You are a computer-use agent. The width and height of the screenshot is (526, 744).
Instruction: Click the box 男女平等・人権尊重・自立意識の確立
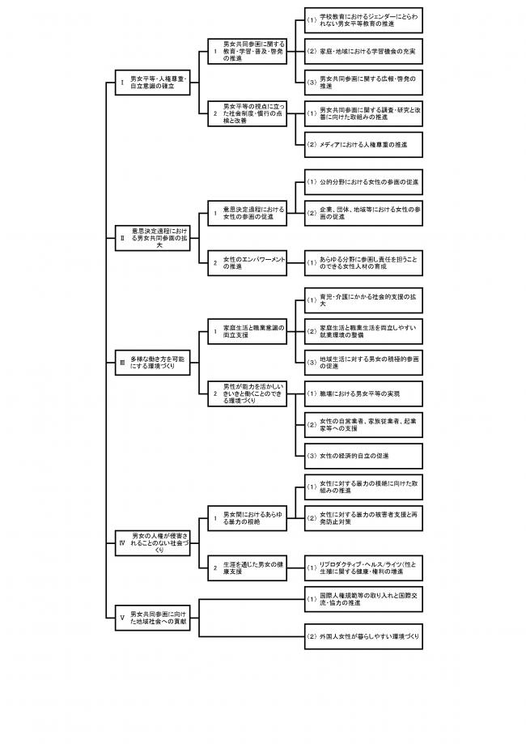(153, 82)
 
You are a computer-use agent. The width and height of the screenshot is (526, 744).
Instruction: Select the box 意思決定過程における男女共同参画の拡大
(153, 239)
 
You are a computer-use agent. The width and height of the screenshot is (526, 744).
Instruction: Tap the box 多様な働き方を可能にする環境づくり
(153, 363)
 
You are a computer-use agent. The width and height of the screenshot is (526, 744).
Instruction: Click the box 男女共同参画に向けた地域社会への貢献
(153, 618)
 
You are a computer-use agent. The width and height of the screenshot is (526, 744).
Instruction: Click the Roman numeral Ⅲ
(121, 363)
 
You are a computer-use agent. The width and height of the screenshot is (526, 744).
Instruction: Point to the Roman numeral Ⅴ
(121, 618)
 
